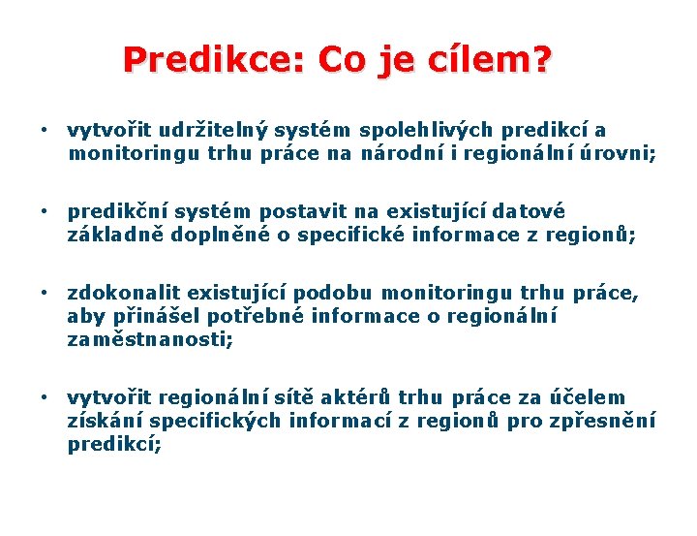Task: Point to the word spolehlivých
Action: tap(427, 131)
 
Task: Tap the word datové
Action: tap(530, 211)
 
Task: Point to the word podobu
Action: tap(334, 293)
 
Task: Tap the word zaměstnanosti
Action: tap(150, 339)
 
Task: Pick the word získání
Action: tap(105, 421)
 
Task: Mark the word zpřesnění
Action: tap(604, 421)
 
